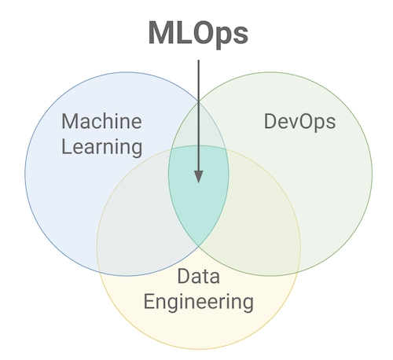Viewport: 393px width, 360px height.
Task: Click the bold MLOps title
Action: (x=198, y=34)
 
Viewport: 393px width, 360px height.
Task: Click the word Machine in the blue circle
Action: (x=101, y=121)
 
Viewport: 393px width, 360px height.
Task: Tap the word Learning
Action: (x=102, y=148)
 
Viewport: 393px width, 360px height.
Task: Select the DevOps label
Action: (x=299, y=122)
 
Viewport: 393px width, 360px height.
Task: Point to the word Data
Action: (x=199, y=276)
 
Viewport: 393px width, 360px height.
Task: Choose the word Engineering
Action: (x=199, y=303)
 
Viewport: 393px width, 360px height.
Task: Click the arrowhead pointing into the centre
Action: (x=199, y=177)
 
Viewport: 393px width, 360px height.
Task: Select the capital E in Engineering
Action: (x=149, y=301)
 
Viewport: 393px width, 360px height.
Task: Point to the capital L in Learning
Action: (x=67, y=146)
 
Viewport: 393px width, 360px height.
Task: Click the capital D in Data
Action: (x=184, y=276)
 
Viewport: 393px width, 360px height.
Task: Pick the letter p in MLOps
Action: (x=219, y=37)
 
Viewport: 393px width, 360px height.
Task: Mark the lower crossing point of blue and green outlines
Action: (x=198, y=246)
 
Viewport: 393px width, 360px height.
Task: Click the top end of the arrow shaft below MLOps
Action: (x=198, y=61)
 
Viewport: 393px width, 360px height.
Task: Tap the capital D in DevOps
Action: (x=270, y=121)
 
